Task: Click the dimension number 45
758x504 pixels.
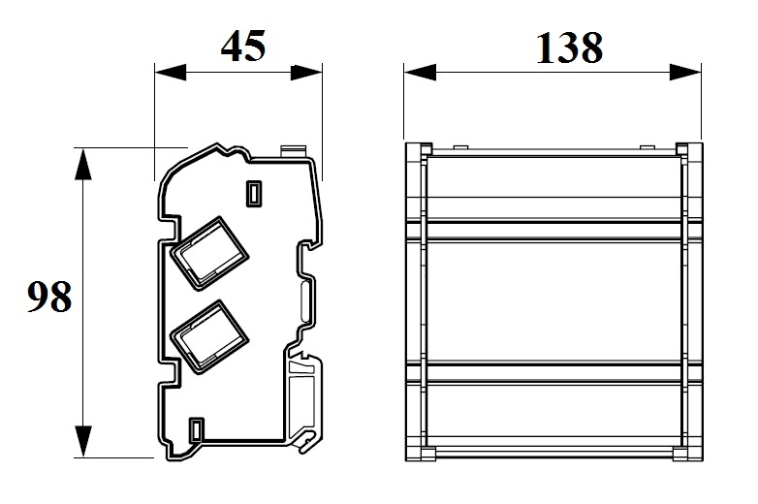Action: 243,46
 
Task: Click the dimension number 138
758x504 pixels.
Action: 569,47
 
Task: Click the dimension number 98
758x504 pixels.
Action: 49,297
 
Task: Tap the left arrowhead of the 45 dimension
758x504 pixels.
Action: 171,73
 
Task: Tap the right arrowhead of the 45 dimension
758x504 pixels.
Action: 306,73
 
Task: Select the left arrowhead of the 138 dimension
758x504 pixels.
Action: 420,73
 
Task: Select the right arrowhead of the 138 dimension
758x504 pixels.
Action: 685,73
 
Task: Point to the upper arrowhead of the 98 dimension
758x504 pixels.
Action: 83,165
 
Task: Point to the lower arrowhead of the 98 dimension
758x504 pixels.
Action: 83,441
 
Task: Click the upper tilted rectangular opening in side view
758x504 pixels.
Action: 208,253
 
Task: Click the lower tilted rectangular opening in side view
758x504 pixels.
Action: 208,336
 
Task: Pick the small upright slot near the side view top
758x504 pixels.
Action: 254,194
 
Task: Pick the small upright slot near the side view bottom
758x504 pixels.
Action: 196,429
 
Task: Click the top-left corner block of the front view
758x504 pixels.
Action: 419,149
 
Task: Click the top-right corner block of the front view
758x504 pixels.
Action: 689,149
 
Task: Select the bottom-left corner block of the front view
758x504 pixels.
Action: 421,454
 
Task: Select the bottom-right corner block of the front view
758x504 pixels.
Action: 687,454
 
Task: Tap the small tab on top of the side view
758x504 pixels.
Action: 294,150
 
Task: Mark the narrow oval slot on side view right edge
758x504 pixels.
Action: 306,302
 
